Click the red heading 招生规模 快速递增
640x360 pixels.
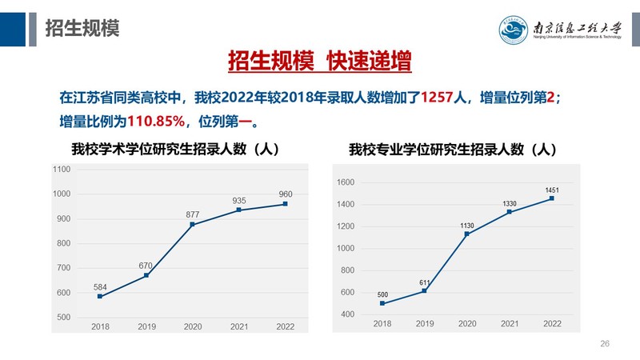pos(319,62)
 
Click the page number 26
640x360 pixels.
pos(605,343)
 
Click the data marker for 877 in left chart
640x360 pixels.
pos(192,225)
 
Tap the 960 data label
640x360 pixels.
pos(286,194)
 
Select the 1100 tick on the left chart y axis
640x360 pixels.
pos(62,170)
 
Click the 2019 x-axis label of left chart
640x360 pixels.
pos(146,326)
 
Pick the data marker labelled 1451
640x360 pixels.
pos(551,198)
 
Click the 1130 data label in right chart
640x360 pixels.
pos(467,226)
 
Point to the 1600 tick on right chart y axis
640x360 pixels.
pos(345,182)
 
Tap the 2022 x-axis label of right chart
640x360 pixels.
pos(551,323)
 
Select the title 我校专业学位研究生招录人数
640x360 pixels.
pos(453,150)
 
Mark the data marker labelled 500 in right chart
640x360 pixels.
pos(383,303)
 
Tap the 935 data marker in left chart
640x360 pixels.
pos(239,210)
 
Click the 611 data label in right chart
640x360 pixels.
pos(426,283)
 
